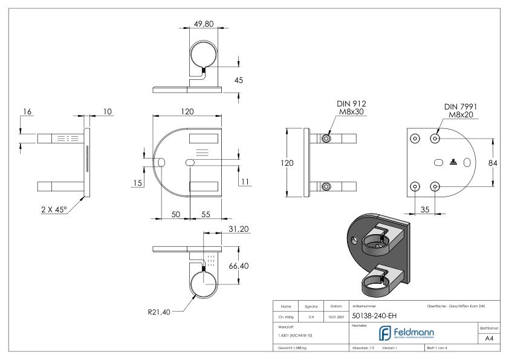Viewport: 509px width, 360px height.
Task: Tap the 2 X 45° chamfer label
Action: pyautogui.click(x=50, y=208)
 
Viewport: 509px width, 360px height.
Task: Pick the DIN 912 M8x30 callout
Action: pyautogui.click(x=352, y=107)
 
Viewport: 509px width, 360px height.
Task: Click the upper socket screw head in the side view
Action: pyautogui.click(x=326, y=139)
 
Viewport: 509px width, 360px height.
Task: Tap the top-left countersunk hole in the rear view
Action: pyautogui.click(x=415, y=139)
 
